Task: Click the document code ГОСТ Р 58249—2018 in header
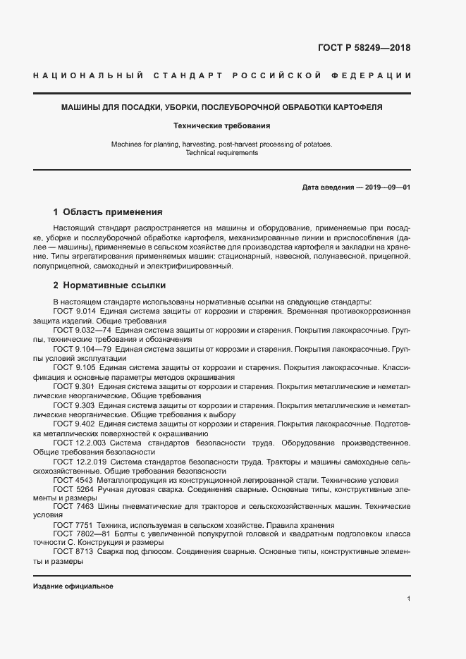[360, 48]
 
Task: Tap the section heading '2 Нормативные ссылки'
[109, 285]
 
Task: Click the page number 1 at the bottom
[408, 599]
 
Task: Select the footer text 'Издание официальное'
[73, 586]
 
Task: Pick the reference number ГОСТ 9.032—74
[81, 330]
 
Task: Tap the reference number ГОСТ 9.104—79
[81, 349]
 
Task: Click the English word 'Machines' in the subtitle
[126, 144]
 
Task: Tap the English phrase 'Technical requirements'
[222, 153]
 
